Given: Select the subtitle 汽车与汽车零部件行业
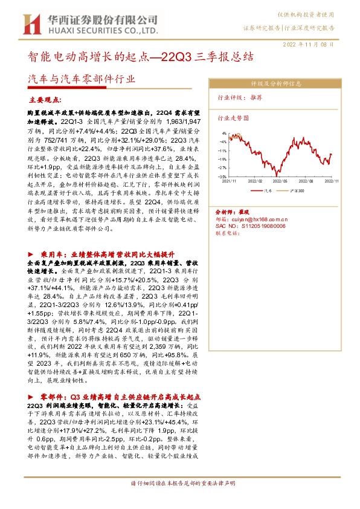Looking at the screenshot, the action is tap(82, 79).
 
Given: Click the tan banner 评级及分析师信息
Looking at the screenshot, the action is tap(276, 85).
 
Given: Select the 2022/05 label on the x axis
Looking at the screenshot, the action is tap(279, 180).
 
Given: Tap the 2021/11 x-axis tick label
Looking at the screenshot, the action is tap(230, 180).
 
